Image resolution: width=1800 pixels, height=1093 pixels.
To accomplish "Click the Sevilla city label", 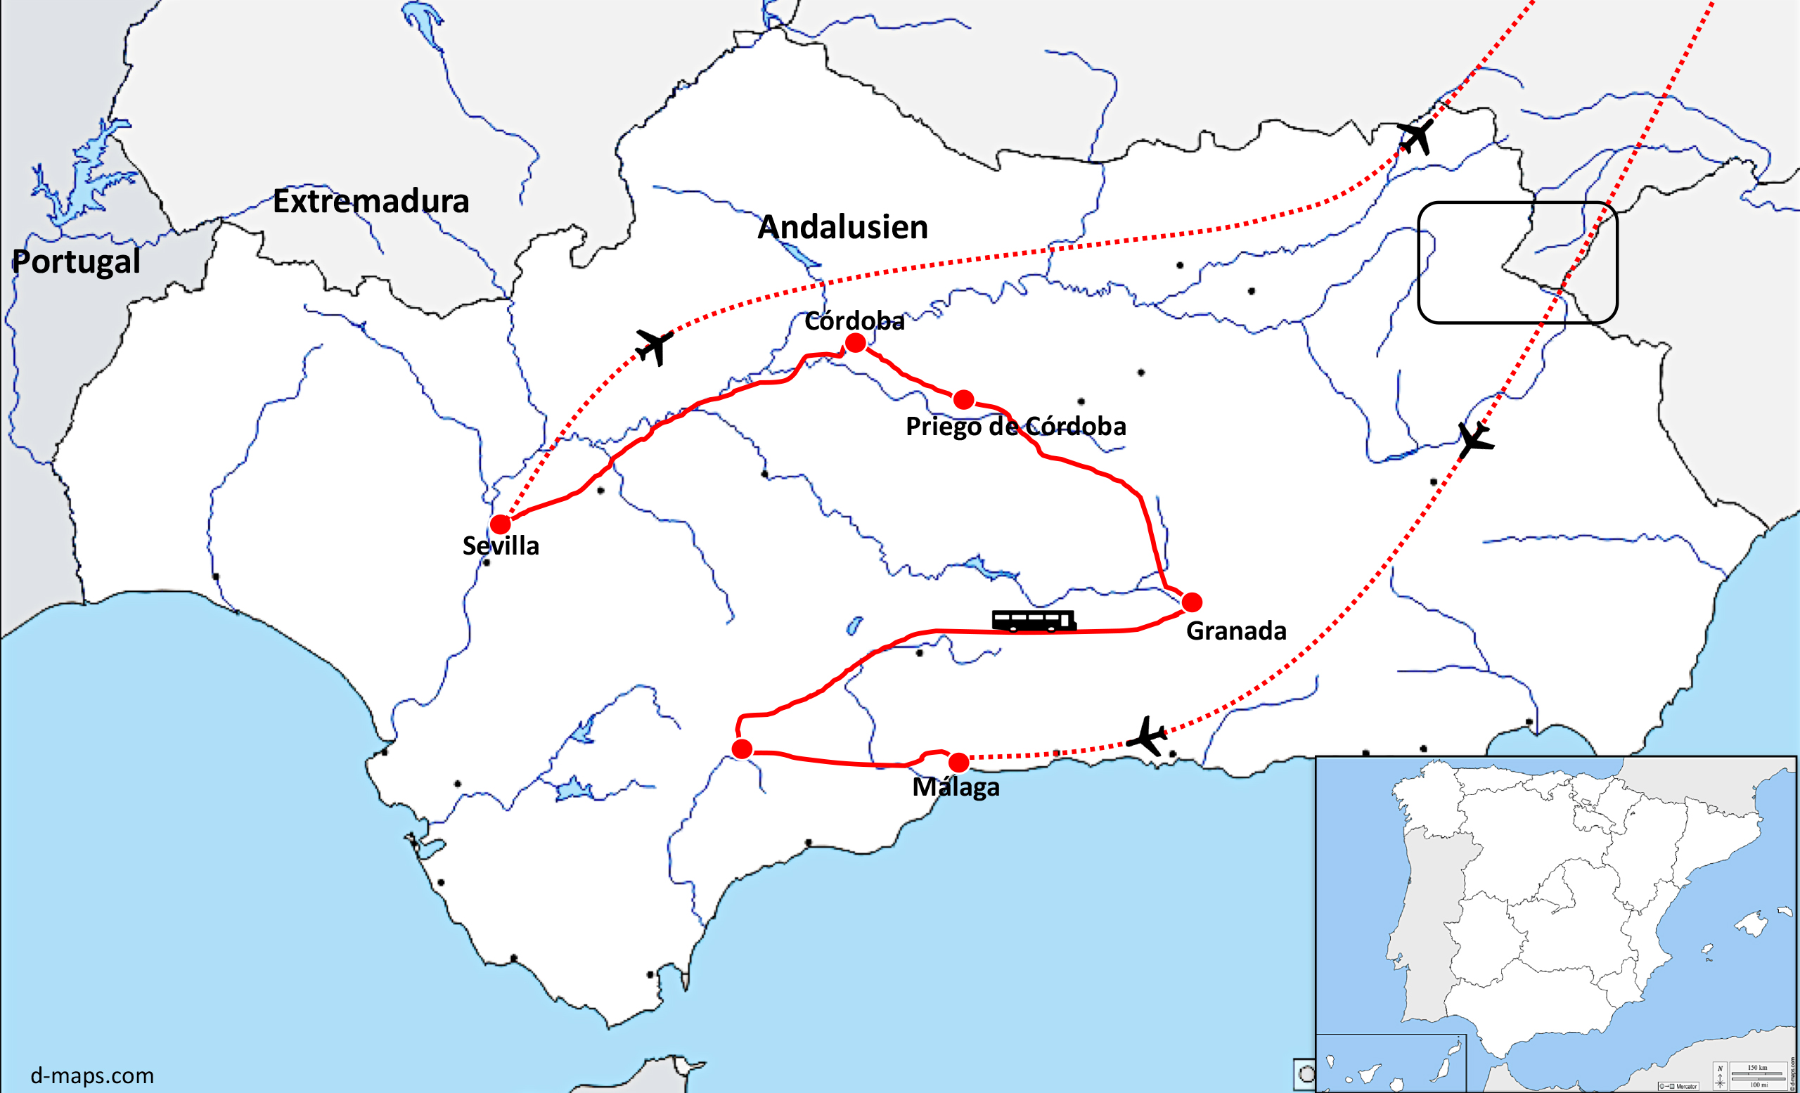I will tap(501, 546).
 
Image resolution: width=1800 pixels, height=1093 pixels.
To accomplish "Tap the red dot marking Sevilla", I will tap(501, 524).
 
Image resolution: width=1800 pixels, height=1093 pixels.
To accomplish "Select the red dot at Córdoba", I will tap(856, 342).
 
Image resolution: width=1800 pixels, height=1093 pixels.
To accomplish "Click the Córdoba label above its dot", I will tap(854, 321).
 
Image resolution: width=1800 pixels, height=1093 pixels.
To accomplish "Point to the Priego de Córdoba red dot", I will tap(963, 399).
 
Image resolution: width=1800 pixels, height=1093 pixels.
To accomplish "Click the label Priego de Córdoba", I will tap(1015, 427).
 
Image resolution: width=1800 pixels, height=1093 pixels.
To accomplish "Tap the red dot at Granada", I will tap(1192, 602).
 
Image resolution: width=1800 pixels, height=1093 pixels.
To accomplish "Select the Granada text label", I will tap(1236, 630).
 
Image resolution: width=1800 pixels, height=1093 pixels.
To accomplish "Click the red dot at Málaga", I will tap(958, 763).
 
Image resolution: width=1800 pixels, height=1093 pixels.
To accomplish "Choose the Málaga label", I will tap(956, 788).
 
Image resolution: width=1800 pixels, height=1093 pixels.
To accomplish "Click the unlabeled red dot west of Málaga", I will tap(742, 749).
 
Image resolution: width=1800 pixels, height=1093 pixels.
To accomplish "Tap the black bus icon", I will tap(1034, 621).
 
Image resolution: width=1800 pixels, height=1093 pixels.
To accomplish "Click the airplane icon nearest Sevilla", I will tap(654, 345).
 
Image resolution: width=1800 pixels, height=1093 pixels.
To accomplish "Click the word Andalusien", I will tap(842, 227).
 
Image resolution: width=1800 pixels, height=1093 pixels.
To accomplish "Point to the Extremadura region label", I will tap(371, 202).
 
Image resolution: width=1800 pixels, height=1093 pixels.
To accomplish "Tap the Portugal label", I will tap(76, 261).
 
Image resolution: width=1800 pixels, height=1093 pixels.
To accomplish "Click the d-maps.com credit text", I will tap(92, 1075).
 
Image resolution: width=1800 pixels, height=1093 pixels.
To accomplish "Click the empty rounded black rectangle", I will tap(1517, 262).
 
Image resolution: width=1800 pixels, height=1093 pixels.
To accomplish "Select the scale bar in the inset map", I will tap(1757, 1075).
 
